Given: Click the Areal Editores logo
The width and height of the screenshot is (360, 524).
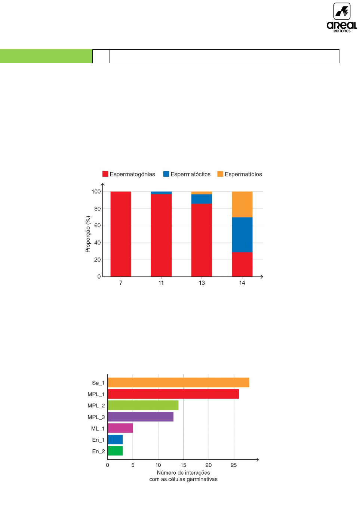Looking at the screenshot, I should click(x=342, y=18).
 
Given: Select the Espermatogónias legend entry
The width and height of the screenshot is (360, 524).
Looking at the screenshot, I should click(x=129, y=174).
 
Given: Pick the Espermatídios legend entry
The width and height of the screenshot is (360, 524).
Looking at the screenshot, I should click(x=240, y=174).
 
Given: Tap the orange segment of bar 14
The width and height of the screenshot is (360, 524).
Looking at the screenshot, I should click(x=242, y=204).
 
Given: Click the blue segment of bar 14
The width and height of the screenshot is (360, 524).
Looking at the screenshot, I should click(x=242, y=235).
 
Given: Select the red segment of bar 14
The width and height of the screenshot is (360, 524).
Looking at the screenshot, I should click(x=242, y=264).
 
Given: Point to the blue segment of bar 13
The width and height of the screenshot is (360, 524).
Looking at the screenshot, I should click(x=201, y=199).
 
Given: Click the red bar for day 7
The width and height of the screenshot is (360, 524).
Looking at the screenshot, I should click(x=121, y=234).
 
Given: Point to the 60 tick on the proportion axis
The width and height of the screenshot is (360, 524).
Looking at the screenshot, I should click(x=97, y=225).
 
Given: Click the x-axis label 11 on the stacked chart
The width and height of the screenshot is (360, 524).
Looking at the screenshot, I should click(x=161, y=283).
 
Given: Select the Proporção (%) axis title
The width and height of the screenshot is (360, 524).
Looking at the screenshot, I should click(x=88, y=234).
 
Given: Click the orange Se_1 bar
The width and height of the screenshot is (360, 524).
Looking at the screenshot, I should click(x=178, y=383).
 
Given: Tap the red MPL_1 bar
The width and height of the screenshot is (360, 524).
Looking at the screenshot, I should click(x=173, y=394).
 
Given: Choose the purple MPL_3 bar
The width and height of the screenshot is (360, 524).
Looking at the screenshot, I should click(x=141, y=417).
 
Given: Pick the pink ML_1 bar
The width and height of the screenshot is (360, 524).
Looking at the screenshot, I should click(x=120, y=428).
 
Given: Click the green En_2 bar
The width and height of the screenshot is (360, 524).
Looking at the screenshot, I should click(x=115, y=451).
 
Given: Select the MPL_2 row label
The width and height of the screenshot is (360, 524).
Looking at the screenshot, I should click(x=96, y=406).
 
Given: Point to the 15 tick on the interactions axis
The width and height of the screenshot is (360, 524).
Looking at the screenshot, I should click(x=183, y=465).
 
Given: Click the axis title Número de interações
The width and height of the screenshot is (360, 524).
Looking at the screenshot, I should click(x=183, y=473).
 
